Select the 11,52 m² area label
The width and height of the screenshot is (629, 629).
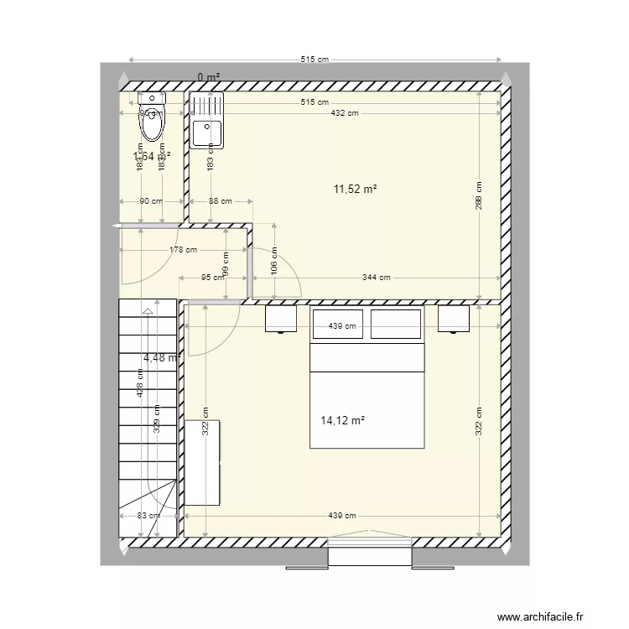point(355,190)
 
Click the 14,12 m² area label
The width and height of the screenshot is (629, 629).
point(342,421)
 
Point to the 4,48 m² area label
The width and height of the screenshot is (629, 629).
point(162,358)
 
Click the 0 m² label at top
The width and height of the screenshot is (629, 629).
point(209,77)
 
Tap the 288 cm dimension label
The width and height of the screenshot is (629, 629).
point(478,196)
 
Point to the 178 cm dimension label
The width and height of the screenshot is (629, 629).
point(183,249)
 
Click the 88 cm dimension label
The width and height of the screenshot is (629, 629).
point(220,201)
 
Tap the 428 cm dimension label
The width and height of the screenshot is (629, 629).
point(142,382)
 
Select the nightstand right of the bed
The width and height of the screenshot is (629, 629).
point(453,319)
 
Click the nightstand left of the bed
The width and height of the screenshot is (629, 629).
point(281,319)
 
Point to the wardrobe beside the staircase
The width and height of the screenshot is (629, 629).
point(201,462)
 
